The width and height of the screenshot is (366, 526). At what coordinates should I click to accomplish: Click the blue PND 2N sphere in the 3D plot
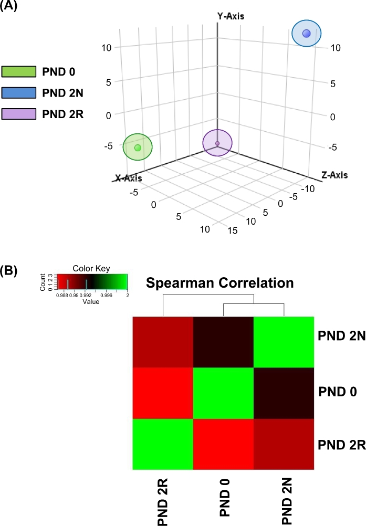click(x=307, y=34)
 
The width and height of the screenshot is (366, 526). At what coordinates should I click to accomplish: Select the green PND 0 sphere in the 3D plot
click(x=138, y=148)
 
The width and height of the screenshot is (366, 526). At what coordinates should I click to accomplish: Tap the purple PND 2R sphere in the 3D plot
click(x=217, y=143)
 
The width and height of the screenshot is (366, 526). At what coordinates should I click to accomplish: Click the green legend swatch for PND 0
click(x=19, y=71)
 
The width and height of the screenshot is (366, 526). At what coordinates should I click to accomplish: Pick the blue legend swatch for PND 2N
click(x=19, y=92)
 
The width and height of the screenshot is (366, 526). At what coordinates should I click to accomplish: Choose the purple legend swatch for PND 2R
click(x=19, y=113)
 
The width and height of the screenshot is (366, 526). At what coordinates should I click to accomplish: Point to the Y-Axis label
click(x=231, y=16)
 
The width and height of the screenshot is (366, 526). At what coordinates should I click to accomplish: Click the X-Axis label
click(x=128, y=178)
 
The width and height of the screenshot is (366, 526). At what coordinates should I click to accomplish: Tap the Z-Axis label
click(x=334, y=174)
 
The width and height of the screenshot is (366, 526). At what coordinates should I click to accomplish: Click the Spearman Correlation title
click(x=219, y=283)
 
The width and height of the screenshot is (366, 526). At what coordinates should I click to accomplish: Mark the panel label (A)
click(x=11, y=7)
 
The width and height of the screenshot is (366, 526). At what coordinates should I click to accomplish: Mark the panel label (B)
click(x=11, y=271)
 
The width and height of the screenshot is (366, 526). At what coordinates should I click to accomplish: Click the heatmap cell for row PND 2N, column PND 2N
click(x=284, y=342)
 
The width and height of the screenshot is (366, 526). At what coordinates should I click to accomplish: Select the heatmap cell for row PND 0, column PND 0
click(x=223, y=393)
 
